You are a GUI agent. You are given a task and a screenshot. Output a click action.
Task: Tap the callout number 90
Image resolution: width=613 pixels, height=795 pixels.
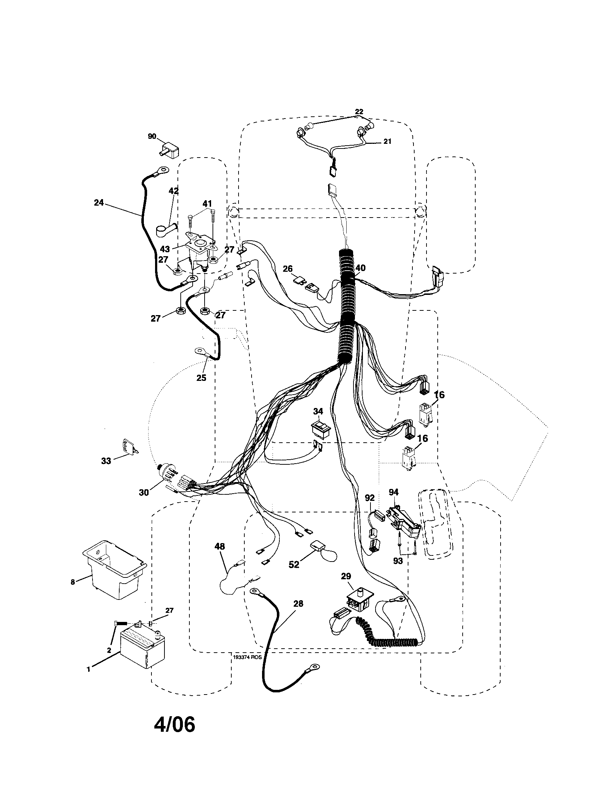point(152,136)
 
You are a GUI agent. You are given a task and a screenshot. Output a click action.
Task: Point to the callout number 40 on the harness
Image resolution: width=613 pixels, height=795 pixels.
point(360,268)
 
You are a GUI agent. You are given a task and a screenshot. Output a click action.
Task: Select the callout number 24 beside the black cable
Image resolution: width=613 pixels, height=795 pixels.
point(99,203)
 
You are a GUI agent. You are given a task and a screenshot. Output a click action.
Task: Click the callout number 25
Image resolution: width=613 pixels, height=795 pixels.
point(201,378)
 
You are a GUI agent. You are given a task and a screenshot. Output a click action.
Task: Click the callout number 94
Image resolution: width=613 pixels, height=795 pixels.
point(394,492)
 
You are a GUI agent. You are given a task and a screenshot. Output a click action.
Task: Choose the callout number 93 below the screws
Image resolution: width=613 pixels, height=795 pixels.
point(398,561)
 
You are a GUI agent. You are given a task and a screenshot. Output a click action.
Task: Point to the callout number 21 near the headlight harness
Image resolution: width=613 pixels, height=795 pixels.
point(387,141)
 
